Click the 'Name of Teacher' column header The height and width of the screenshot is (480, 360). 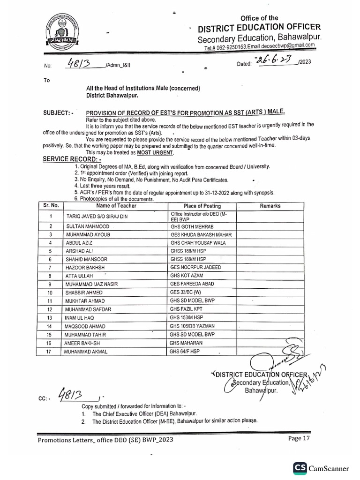click(x=116, y=206)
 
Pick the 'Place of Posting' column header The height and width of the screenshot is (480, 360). click(x=202, y=206)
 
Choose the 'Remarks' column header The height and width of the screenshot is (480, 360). click(x=270, y=206)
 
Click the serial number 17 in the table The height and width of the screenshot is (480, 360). click(x=50, y=351)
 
